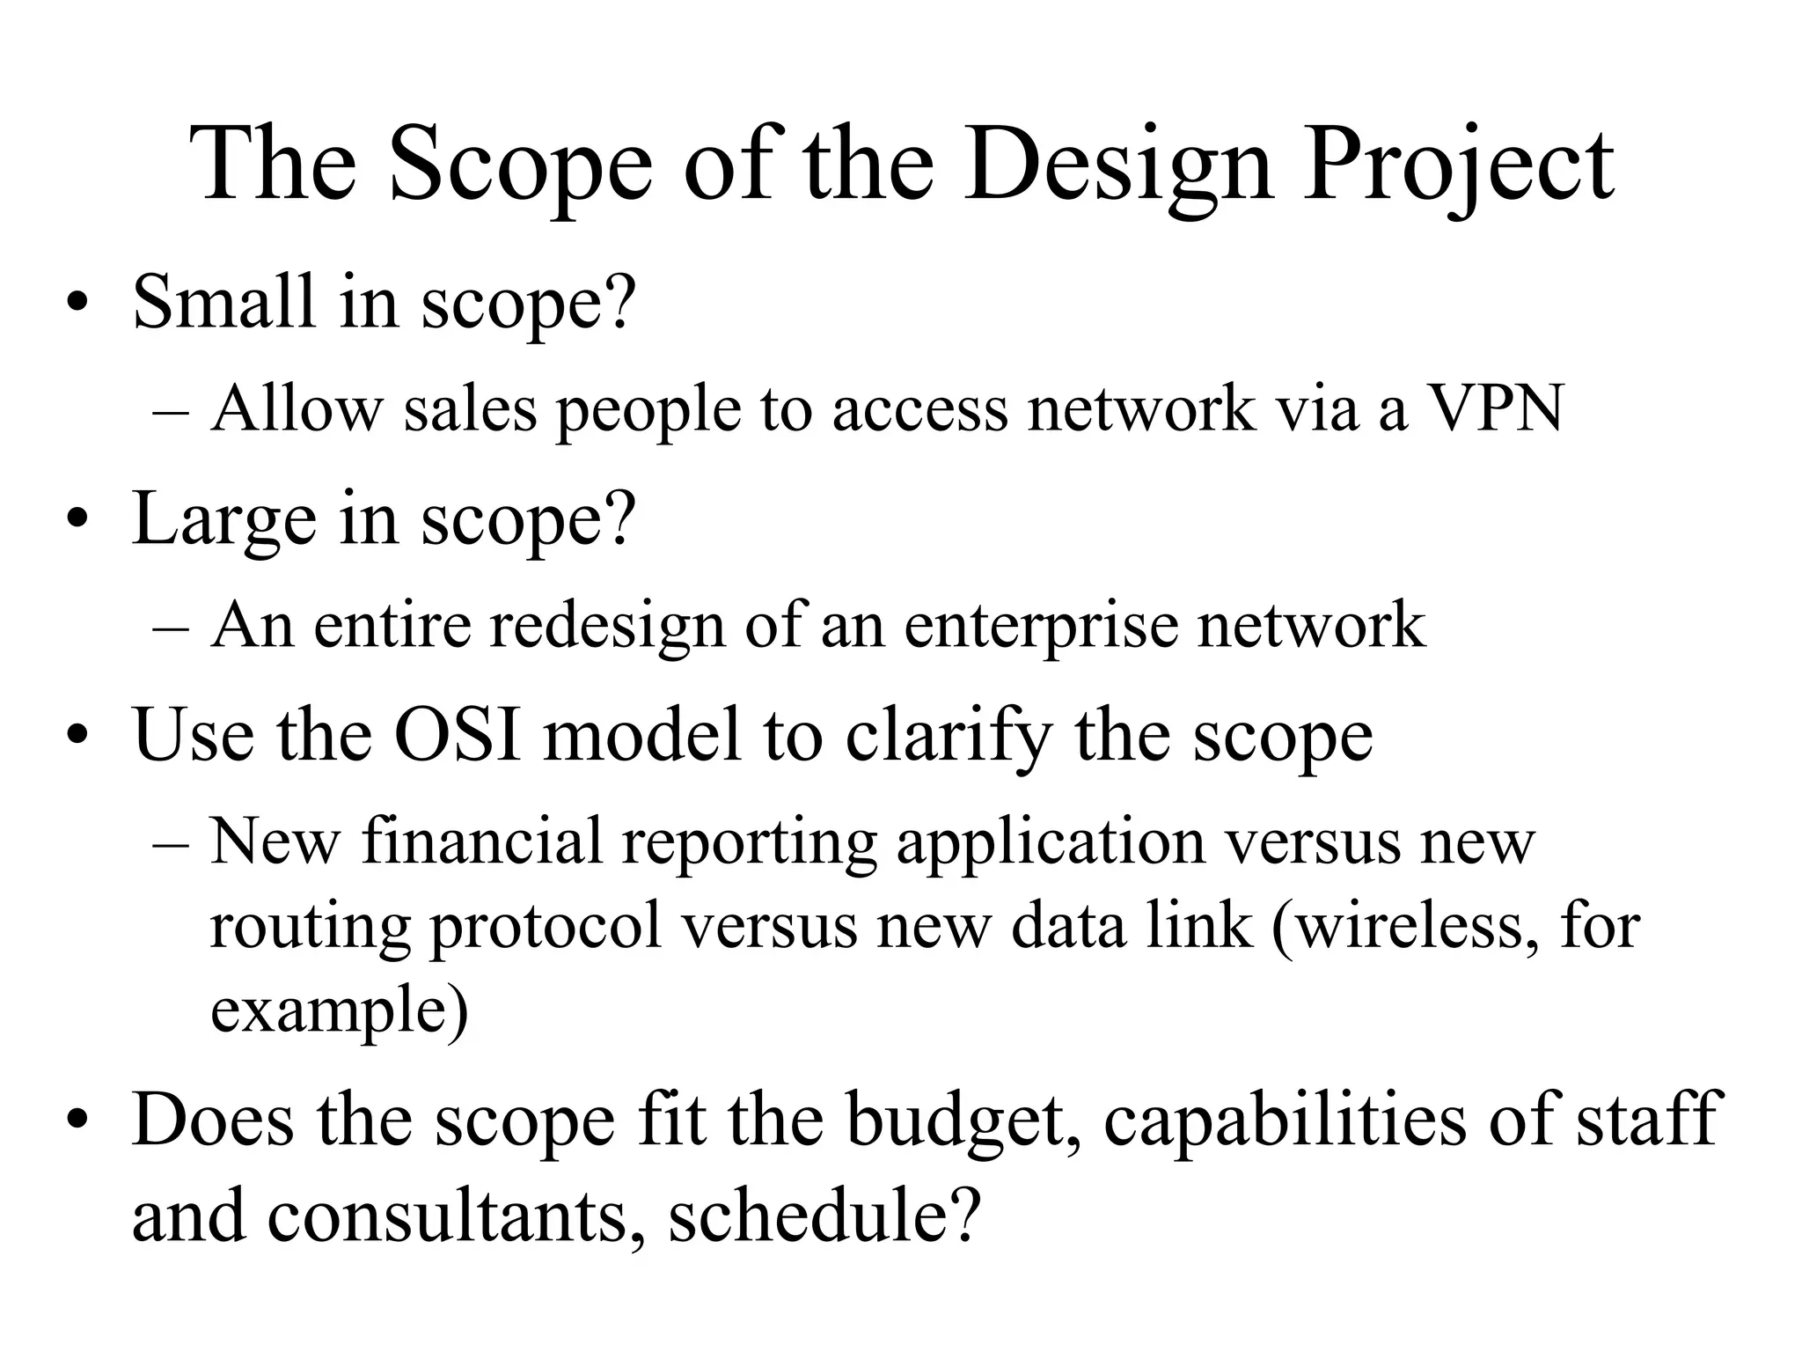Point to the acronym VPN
pyautogui.click(x=1496, y=409)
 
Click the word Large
pyautogui.click(x=223, y=519)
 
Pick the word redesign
pyautogui.click(x=607, y=627)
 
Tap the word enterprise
pyautogui.click(x=1040, y=627)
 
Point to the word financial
pyautogui.click(x=481, y=841)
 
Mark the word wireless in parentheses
pyautogui.click(x=1410, y=926)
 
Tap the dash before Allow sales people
pyautogui.click(x=170, y=411)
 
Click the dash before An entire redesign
pyautogui.click(x=170, y=628)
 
